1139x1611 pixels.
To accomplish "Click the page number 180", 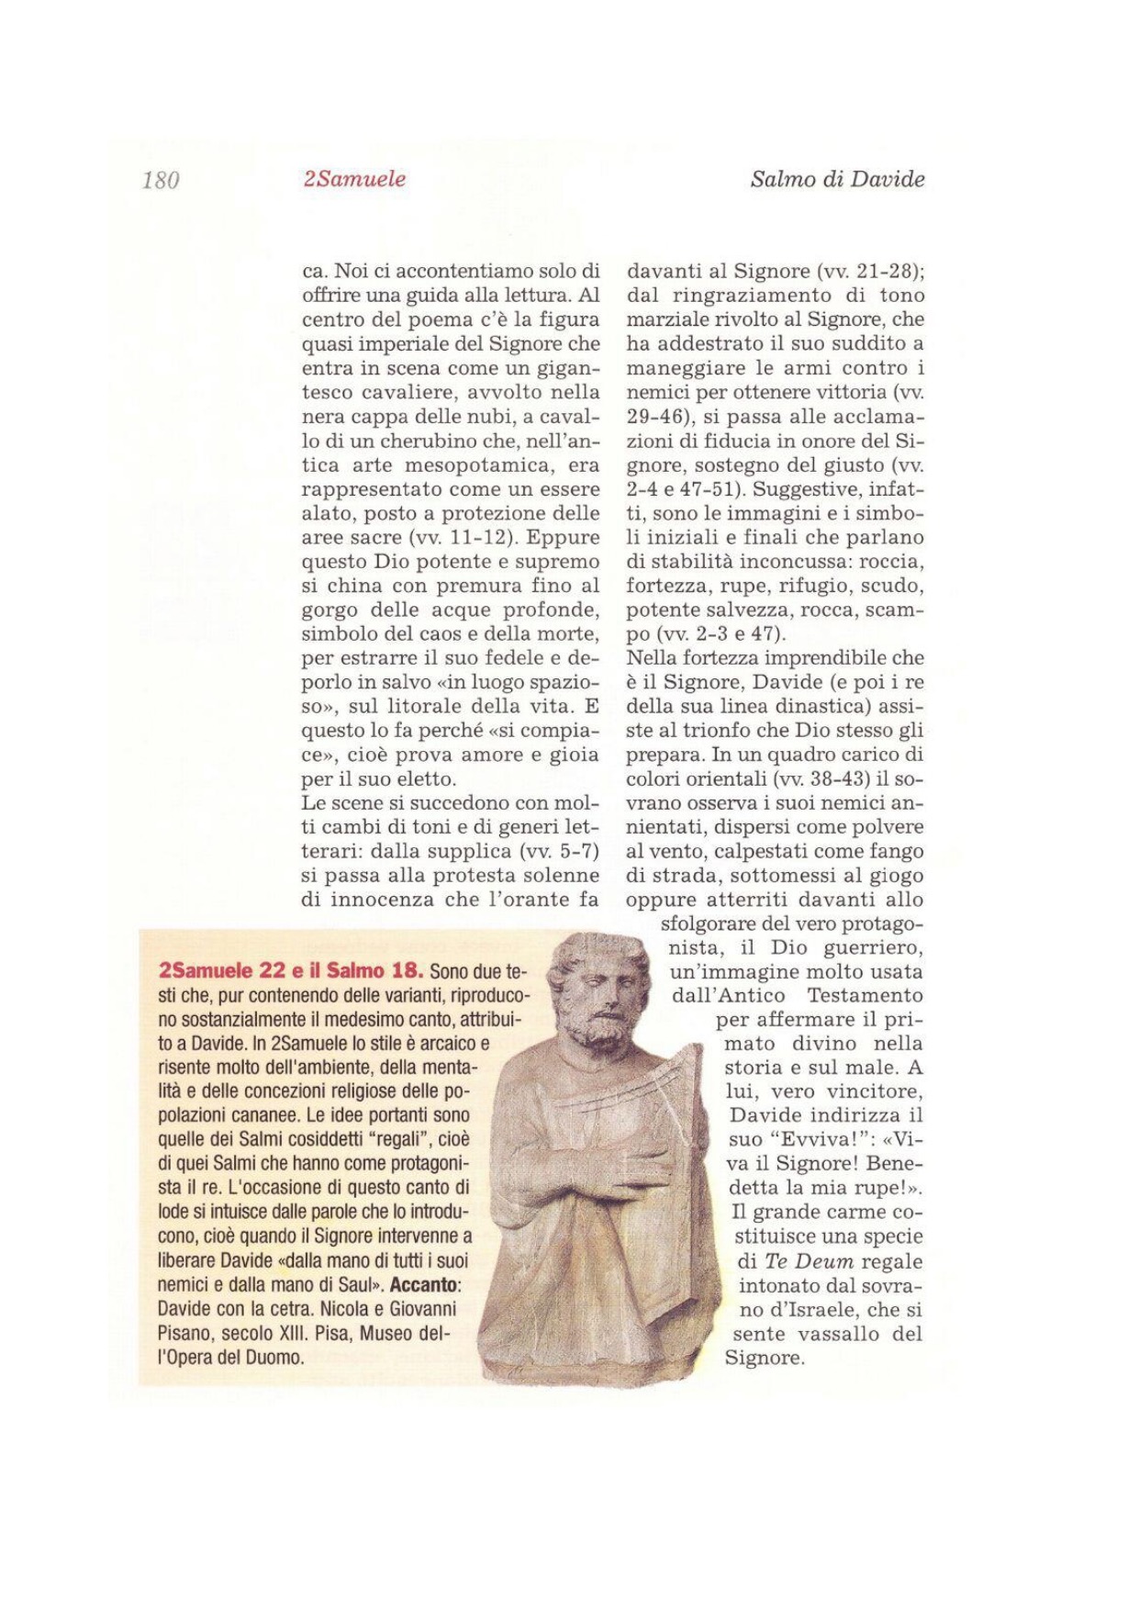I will point(161,180).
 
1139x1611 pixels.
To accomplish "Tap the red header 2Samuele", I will point(354,179).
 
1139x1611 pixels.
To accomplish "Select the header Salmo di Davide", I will point(837,179).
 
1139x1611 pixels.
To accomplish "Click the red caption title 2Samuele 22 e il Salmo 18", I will point(291,971).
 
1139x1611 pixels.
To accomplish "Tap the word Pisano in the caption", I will point(186,1333).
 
